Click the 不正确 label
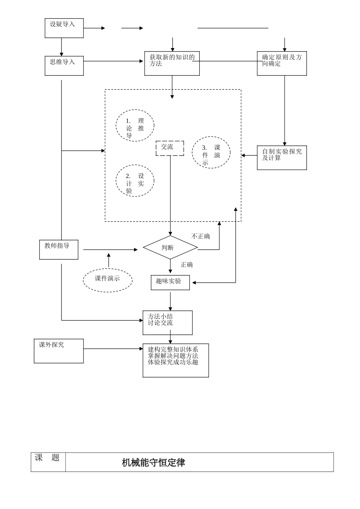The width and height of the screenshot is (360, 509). (200, 236)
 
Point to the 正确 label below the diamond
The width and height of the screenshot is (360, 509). (186, 264)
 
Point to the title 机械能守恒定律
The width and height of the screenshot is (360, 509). (153, 462)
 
